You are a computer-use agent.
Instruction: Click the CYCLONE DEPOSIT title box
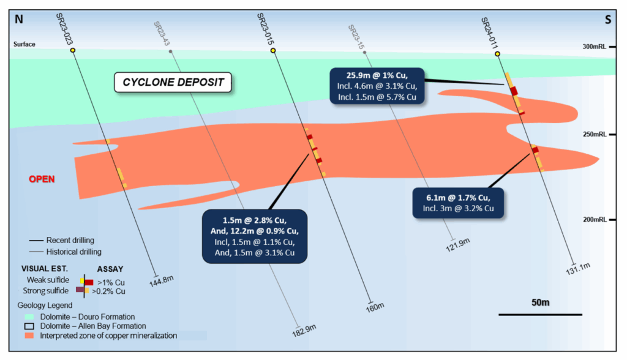(174, 81)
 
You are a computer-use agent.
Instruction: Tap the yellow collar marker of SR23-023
(73, 50)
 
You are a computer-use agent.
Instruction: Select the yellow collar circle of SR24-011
(497, 54)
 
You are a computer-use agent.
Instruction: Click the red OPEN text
(42, 179)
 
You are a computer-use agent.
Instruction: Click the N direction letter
(19, 20)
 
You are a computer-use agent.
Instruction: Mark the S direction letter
(608, 20)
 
